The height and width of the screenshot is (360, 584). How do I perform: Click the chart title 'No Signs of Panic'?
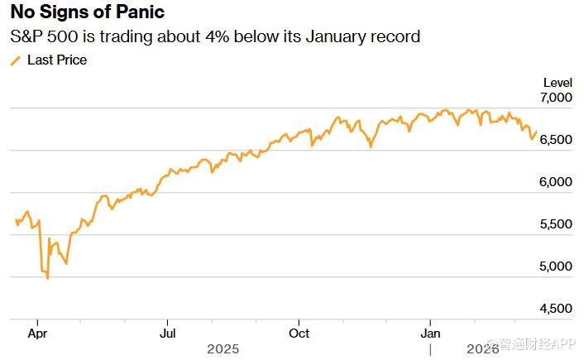[87, 12]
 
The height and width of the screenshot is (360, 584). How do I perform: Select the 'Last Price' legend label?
[57, 60]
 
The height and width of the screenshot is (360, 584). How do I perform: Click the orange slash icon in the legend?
[15, 60]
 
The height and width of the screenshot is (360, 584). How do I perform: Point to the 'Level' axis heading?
[557, 83]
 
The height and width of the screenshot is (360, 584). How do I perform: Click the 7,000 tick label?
[555, 98]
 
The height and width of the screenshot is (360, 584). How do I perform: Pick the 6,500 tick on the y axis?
[555, 140]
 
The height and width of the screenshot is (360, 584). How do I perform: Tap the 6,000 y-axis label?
[555, 182]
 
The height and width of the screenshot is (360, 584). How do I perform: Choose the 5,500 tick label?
[555, 224]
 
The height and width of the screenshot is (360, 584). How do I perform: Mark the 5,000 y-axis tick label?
[555, 266]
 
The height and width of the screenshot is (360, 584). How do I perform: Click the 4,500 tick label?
[555, 309]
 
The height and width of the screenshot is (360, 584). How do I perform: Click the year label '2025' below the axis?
[223, 349]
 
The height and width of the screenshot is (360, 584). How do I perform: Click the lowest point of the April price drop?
[47, 278]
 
